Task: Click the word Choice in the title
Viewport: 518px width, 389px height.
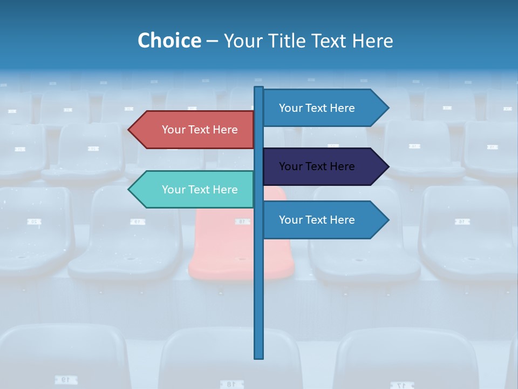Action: [x=169, y=41]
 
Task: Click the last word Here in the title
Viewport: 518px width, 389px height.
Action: [x=372, y=41]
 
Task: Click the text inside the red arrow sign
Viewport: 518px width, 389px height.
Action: [x=200, y=130]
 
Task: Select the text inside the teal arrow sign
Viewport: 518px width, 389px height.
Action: [x=200, y=190]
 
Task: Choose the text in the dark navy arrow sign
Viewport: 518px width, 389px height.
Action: [x=317, y=166]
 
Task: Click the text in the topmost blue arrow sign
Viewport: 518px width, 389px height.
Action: [x=317, y=108]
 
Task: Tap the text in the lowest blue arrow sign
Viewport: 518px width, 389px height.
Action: [x=317, y=220]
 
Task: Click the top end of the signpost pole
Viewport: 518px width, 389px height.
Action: [x=259, y=88]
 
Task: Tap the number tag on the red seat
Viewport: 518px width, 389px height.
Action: [x=242, y=222]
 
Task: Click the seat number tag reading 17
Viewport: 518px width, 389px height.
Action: [x=400, y=385]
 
